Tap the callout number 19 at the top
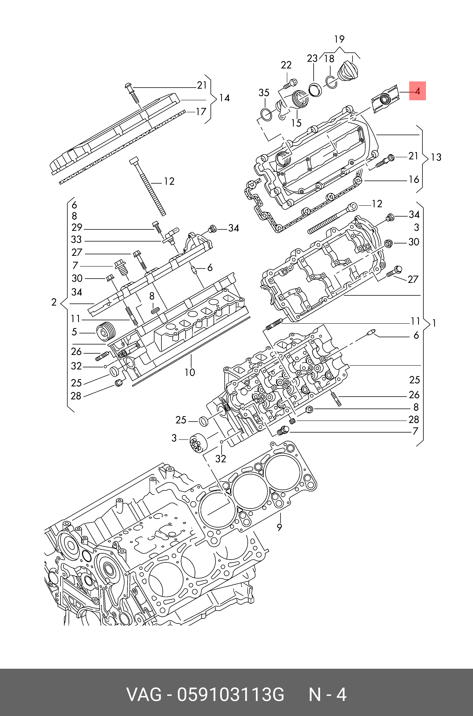coord(339,39)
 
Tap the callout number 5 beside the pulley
coord(74,332)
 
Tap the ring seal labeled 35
coord(266,115)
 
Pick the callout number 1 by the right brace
coord(434,323)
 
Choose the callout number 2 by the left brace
coord(54,302)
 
